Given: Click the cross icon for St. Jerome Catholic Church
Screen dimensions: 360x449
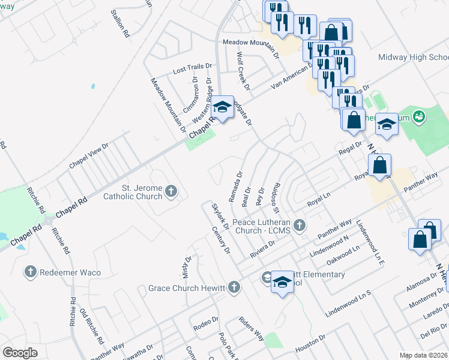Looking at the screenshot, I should [x=171, y=192].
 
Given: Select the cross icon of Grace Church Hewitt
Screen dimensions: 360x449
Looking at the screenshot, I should [x=234, y=288].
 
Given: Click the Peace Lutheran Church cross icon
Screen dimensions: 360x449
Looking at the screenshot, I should [x=301, y=226].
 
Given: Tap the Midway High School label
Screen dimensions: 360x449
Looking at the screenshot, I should [x=413, y=58].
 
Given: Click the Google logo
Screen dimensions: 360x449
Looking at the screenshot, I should [x=20, y=353].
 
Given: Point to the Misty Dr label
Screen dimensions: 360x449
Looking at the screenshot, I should [x=187, y=268].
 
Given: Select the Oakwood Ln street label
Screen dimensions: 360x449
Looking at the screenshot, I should [x=343, y=254].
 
